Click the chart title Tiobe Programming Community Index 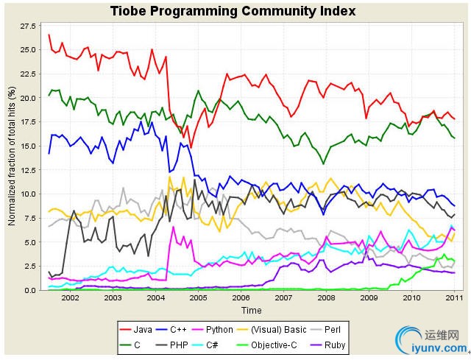coord(233,11)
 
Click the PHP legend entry coord(190,344)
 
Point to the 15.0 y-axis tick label coord(28,146)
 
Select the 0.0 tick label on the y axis coord(30,290)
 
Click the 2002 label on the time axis coord(70,298)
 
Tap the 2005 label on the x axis coord(197,298)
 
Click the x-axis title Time coord(251,311)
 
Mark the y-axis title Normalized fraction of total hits coord(11,158)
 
